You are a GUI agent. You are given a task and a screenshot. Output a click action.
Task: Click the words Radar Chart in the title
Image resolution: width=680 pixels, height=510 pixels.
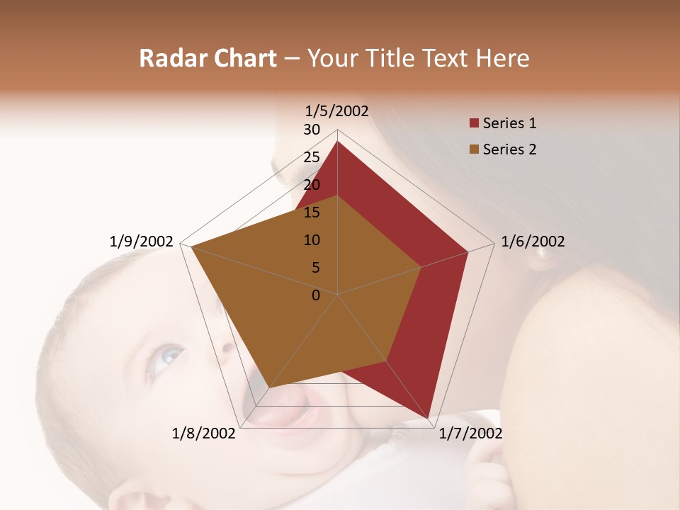(x=208, y=58)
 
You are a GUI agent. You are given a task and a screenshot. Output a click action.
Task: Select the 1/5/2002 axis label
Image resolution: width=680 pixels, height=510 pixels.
(x=337, y=110)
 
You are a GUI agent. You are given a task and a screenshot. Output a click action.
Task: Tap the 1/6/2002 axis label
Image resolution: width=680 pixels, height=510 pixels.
(x=533, y=242)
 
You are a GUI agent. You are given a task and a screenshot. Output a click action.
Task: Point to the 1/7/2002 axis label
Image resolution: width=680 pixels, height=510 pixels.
(x=470, y=433)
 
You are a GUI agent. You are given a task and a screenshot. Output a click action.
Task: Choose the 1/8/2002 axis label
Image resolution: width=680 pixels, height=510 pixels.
(x=204, y=433)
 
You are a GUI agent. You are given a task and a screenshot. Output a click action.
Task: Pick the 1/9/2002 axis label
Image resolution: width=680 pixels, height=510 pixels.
(x=142, y=242)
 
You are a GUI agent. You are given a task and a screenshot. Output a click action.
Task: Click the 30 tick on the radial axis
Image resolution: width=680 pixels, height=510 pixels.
(x=312, y=130)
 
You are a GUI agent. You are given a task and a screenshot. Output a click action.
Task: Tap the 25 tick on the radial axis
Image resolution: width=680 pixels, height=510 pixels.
(x=312, y=157)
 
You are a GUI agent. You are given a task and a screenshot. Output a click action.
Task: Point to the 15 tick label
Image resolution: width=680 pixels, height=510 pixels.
(x=312, y=212)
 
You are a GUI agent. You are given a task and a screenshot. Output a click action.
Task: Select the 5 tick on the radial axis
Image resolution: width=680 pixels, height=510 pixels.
(x=315, y=268)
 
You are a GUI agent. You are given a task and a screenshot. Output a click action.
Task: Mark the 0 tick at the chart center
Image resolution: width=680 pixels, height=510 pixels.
(x=316, y=295)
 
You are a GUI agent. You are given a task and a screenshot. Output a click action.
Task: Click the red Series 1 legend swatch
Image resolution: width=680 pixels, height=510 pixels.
(x=474, y=123)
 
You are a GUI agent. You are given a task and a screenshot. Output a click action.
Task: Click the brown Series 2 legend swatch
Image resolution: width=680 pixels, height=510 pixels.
(x=474, y=149)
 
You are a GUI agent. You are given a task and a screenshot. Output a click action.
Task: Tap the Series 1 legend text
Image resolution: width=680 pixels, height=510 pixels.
(x=509, y=123)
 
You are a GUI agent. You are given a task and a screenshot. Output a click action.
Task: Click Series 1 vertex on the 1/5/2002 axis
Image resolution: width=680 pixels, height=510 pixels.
(x=338, y=142)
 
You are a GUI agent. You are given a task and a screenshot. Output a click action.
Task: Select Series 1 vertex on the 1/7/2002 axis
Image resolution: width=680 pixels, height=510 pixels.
(x=429, y=418)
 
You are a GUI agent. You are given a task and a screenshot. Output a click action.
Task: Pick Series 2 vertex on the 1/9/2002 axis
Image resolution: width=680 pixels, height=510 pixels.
(x=191, y=247)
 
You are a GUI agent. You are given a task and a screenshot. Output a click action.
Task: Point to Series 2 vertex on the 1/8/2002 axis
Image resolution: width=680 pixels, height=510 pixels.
(x=268, y=387)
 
